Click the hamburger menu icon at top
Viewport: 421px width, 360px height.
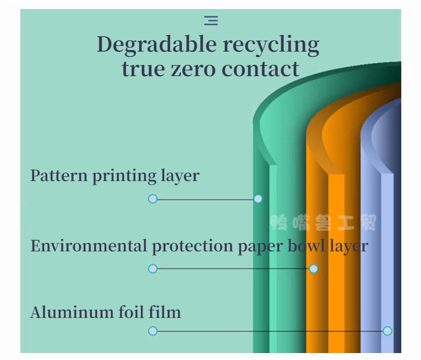(211, 21)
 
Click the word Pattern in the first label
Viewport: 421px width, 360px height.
(59, 175)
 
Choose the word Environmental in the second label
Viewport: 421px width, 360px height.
(88, 246)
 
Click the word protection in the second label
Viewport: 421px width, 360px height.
(192, 247)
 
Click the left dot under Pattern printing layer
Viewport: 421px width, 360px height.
(153, 199)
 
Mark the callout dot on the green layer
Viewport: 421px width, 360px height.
(258, 199)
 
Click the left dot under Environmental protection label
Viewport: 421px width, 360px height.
(153, 268)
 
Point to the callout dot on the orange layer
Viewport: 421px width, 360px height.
(313, 268)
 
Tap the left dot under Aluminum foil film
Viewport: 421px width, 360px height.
(153, 331)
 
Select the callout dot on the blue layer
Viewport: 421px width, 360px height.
(387, 331)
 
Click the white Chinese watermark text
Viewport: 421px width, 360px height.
(323, 222)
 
